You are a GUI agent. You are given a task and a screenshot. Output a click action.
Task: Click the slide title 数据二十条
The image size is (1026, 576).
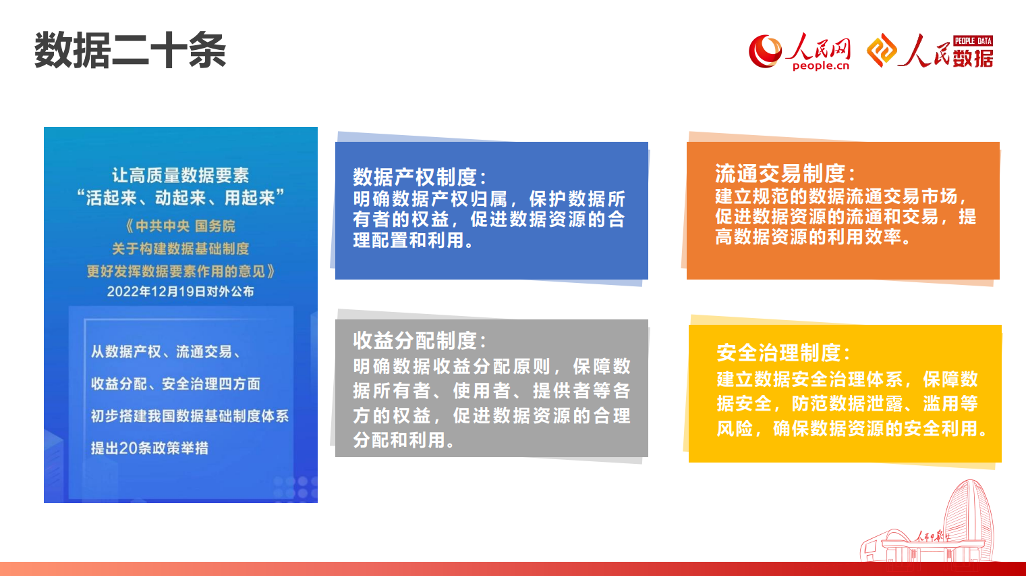pos(130,50)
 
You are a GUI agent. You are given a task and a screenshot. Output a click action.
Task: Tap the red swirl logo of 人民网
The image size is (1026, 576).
pos(766,51)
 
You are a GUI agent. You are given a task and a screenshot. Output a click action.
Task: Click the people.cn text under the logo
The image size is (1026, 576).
pos(820,66)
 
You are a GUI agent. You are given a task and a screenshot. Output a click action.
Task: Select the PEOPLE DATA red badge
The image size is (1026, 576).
pos(973,41)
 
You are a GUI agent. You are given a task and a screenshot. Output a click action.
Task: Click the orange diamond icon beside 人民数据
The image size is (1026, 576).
pos(882,51)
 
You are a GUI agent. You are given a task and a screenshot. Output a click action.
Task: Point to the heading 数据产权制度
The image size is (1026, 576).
pos(420,176)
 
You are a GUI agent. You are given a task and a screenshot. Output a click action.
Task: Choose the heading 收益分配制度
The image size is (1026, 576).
pos(420,341)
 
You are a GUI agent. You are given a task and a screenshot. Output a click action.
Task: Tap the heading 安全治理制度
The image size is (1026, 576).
pos(783,353)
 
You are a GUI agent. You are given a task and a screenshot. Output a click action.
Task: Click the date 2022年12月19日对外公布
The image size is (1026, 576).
pos(181,292)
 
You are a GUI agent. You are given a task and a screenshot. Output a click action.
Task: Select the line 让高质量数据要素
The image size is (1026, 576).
pos(181,175)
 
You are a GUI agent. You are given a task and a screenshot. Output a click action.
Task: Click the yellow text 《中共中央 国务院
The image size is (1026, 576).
pos(180,226)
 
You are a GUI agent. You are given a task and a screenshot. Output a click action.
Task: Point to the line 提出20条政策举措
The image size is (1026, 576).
pos(150,448)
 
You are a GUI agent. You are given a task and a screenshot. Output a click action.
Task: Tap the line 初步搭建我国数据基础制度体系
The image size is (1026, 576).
pos(190,416)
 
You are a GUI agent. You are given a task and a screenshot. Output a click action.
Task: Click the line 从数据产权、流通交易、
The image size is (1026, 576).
pos(166,352)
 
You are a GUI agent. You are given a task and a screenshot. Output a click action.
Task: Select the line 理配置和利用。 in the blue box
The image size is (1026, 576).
pos(413,240)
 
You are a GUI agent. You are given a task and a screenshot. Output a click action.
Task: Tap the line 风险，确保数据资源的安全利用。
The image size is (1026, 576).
pos(853,429)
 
